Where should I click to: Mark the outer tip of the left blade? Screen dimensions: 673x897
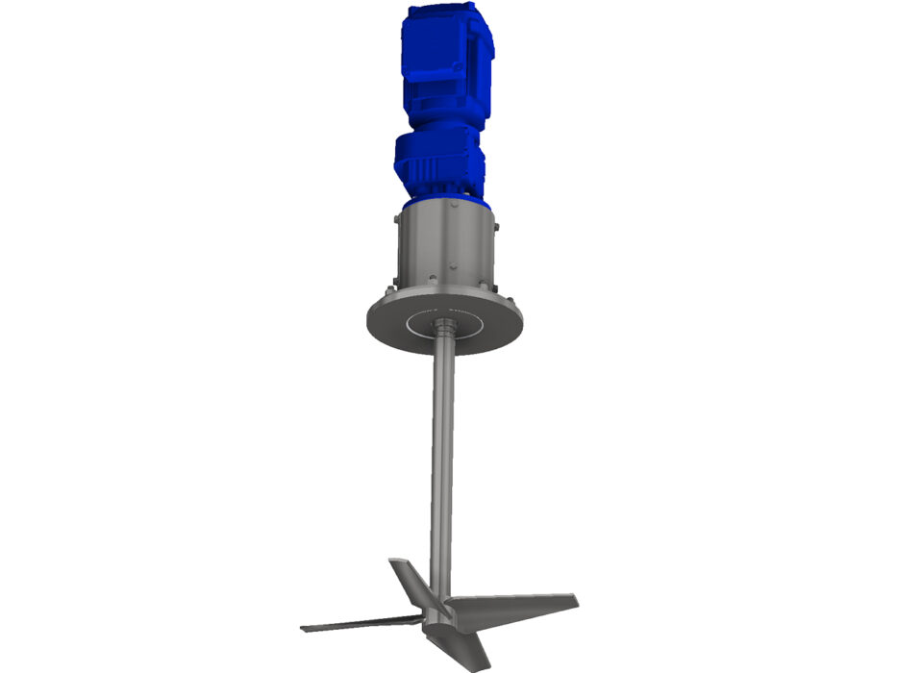(x=306, y=629)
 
